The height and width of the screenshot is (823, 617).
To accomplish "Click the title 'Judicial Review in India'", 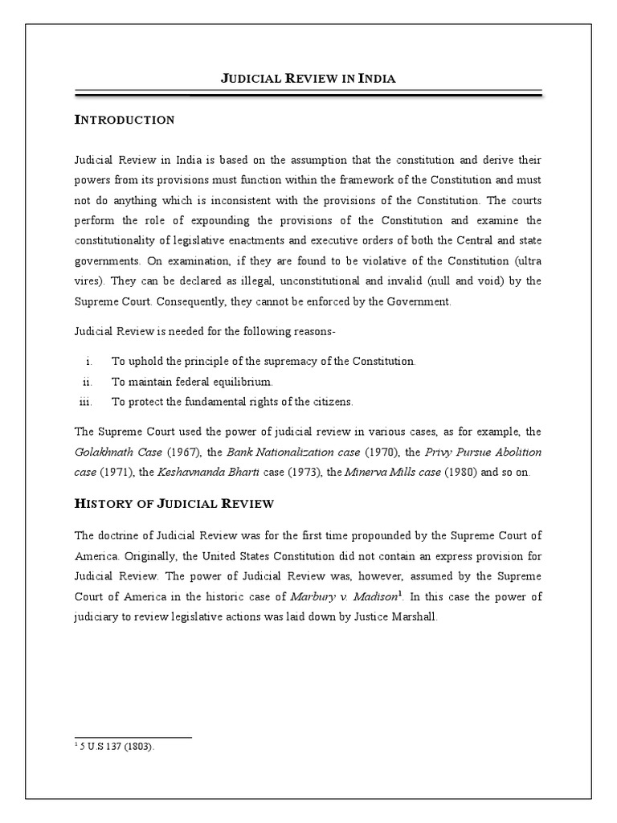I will click(308, 79).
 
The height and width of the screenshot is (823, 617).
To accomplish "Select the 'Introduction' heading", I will click(125, 121).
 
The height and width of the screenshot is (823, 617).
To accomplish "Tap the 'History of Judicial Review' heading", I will click(174, 504).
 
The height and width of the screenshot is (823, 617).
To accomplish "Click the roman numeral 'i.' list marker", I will click(89, 362).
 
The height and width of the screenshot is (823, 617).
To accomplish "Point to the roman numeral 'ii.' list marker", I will click(88, 382).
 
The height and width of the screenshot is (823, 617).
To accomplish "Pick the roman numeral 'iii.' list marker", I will click(86, 402).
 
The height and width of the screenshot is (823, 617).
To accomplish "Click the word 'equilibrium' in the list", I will click(242, 382).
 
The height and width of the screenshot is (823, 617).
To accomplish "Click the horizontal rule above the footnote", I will click(133, 737).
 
